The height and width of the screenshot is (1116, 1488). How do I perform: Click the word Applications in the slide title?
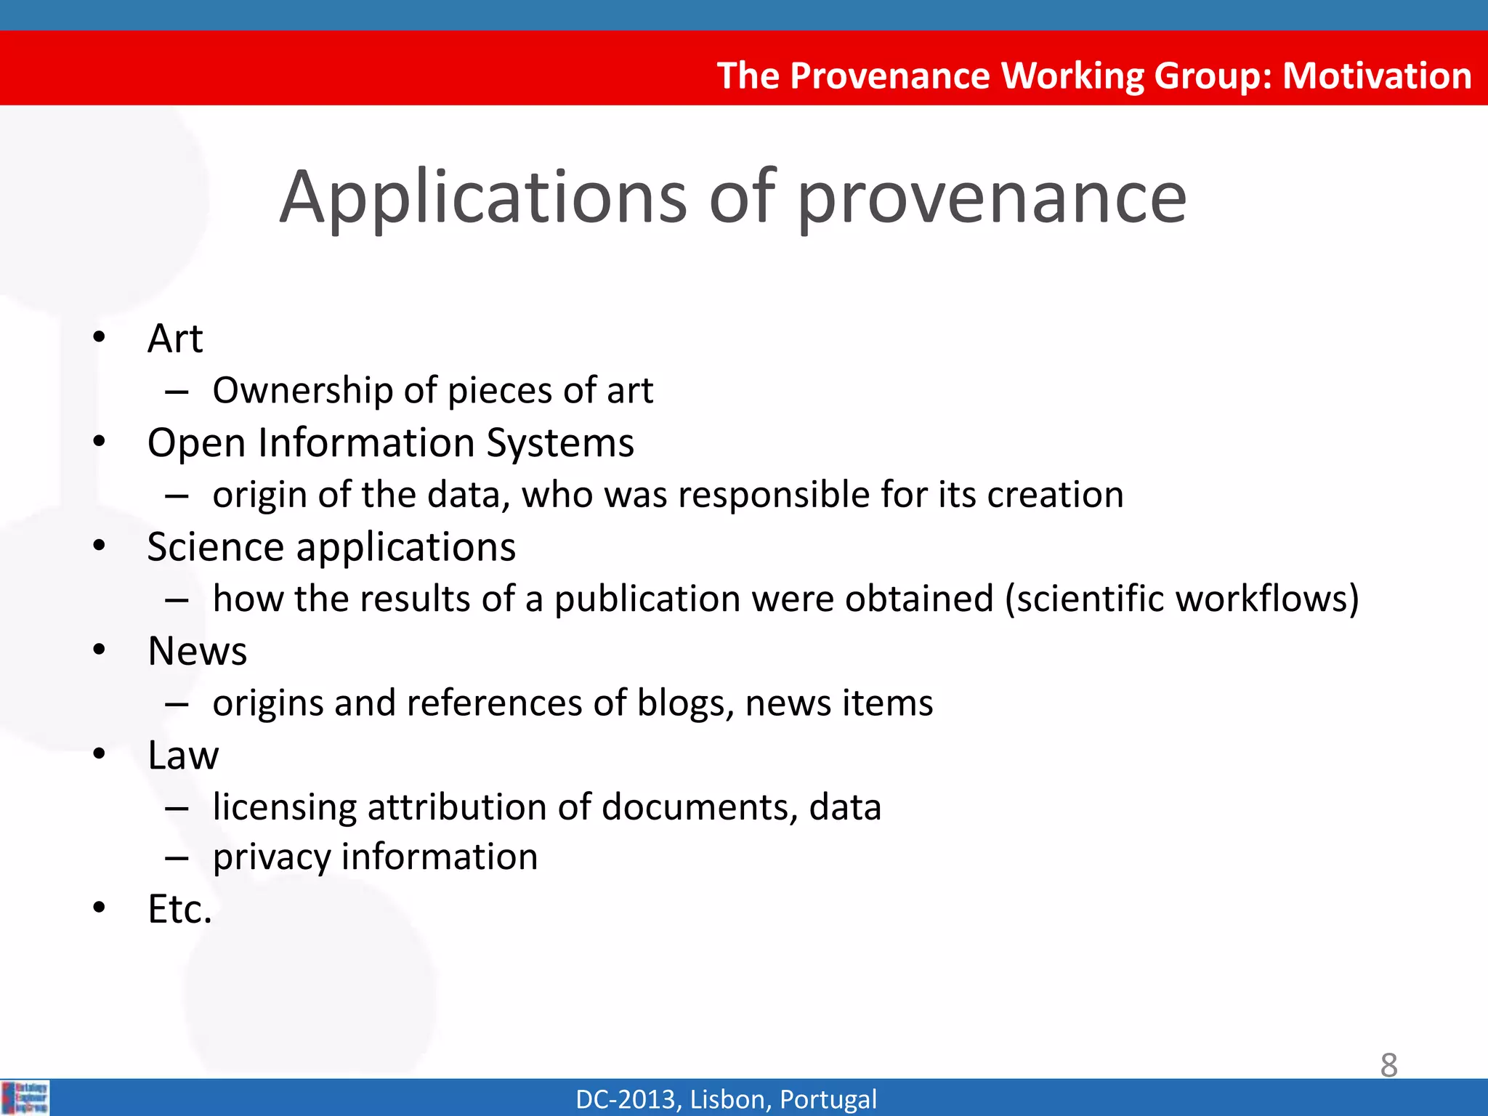click(483, 198)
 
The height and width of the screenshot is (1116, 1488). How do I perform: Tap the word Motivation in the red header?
click(1377, 76)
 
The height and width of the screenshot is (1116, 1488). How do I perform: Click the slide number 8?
click(1388, 1065)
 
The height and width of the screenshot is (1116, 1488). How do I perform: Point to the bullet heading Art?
click(175, 339)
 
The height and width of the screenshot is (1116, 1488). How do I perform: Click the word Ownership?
click(302, 391)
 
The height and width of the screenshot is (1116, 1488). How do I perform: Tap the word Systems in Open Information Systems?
click(559, 443)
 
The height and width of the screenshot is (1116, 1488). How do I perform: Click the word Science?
click(215, 547)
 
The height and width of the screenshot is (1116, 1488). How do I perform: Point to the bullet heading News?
click(197, 651)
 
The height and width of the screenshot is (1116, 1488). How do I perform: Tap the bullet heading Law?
click(182, 756)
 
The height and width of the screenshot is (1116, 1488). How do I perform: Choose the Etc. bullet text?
click(179, 910)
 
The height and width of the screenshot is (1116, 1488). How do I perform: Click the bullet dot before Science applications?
click(100, 546)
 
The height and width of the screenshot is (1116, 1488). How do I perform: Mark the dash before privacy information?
click(177, 859)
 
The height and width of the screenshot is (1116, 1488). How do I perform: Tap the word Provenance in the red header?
click(889, 76)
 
